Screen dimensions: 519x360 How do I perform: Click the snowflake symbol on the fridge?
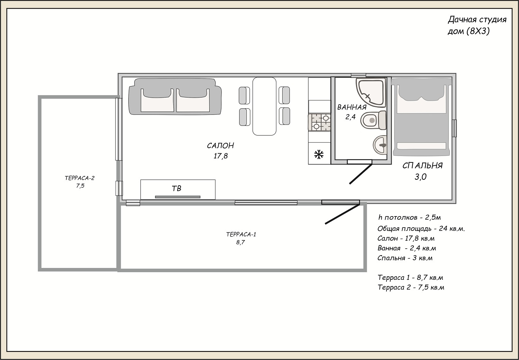click(319, 155)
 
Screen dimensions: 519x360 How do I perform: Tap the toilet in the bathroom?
click(374, 120)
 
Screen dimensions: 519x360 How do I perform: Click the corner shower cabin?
click(371, 93)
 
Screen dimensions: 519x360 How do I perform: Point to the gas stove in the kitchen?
click(319, 122)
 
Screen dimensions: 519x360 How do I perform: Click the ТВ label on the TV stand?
click(176, 188)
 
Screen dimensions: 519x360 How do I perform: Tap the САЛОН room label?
click(220, 146)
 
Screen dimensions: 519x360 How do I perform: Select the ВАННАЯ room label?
click(352, 107)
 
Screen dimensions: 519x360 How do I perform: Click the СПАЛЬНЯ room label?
click(422, 166)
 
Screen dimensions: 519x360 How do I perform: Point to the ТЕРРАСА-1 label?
click(241, 234)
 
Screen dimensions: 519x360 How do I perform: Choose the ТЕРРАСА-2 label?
click(80, 178)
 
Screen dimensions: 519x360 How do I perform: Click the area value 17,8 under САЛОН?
click(221, 156)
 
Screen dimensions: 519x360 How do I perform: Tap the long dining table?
click(264, 106)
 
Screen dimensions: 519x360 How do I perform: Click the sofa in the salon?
click(175, 96)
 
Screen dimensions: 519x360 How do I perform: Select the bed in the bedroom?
click(422, 117)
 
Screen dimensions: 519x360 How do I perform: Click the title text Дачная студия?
click(477, 20)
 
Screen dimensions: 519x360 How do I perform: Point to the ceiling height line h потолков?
click(409, 218)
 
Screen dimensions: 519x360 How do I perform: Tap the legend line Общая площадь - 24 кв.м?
click(421, 229)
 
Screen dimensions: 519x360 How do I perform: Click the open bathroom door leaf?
click(361, 174)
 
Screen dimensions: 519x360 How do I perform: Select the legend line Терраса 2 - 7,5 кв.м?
click(411, 287)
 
